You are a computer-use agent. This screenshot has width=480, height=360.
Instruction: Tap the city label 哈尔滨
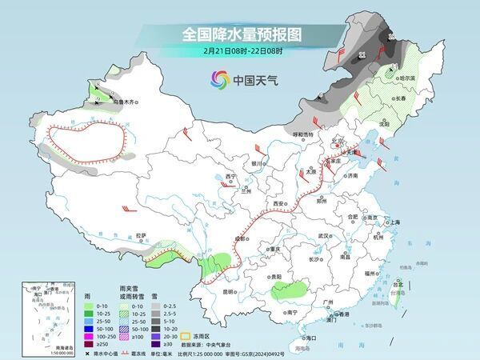coord(409,78)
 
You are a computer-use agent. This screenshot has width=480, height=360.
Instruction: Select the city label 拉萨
coord(141,235)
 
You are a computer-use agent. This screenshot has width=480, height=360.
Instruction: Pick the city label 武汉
coord(324,236)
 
